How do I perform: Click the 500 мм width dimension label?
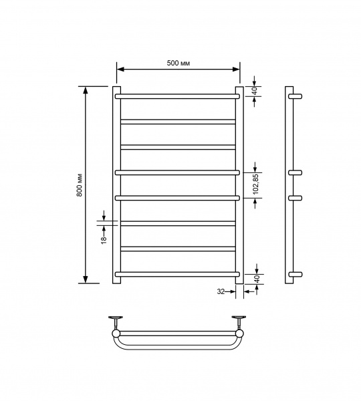[x=178, y=63]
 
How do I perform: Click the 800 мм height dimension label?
[x=80, y=185]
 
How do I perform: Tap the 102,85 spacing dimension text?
[x=256, y=184]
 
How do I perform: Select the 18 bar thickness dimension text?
[x=104, y=240]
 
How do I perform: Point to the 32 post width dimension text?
[x=221, y=291]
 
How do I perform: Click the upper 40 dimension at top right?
[x=255, y=91]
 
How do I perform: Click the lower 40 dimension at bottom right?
[x=257, y=279]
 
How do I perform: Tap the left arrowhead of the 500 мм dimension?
[x=120, y=69]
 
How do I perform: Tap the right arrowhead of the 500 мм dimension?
[x=236, y=69]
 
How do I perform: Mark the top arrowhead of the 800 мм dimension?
[x=86, y=90]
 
